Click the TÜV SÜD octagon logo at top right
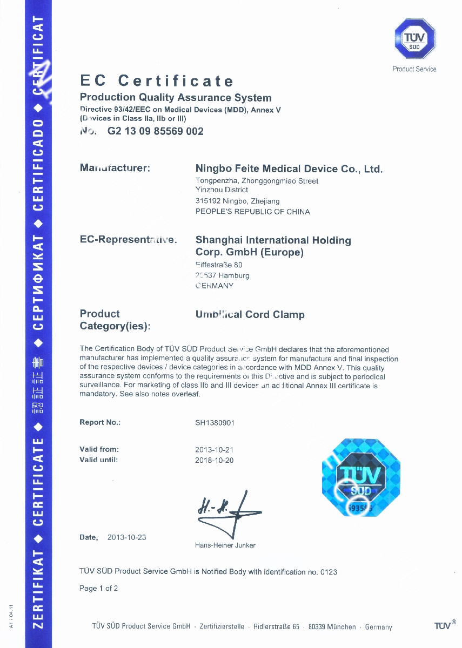[414, 39]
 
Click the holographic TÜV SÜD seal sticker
[360, 477]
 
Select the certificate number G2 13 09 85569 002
[156, 131]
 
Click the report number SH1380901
[215, 423]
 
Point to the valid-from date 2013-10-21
[214, 449]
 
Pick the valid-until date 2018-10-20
[214, 460]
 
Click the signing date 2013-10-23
[126, 537]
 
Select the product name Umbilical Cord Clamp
[250, 314]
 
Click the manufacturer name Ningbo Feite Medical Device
[289, 169]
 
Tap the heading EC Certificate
[157, 81]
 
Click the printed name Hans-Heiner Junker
[225, 545]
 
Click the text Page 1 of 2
[98, 588]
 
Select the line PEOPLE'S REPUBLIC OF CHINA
[252, 212]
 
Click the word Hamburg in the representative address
[233, 275]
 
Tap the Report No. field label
[100, 422]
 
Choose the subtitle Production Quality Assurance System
[176, 98]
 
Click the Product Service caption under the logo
[414, 69]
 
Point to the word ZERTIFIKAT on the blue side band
[38, 589]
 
